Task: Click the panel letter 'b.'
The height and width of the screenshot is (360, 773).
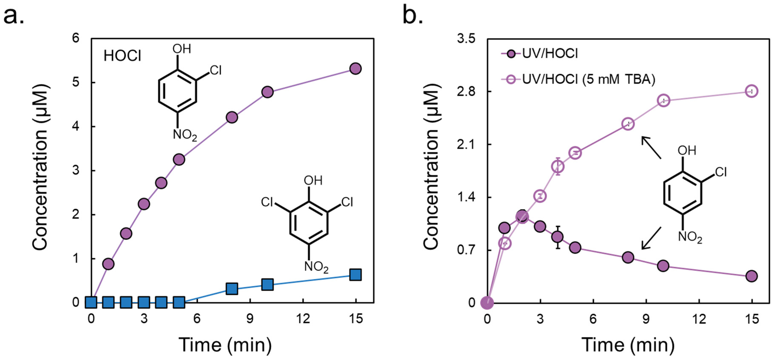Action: coord(413,16)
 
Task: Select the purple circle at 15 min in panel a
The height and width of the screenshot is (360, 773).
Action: coord(355,69)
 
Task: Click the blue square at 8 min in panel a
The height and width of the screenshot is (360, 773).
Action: coord(232,289)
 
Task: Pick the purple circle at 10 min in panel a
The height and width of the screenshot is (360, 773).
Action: coord(267,92)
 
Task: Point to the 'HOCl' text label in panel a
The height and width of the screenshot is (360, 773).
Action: coord(122,56)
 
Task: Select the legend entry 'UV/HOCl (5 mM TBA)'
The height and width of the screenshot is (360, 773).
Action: coord(588,79)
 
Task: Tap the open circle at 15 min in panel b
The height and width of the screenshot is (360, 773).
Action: coord(751,91)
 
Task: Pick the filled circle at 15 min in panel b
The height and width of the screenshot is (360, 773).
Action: coord(751,276)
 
